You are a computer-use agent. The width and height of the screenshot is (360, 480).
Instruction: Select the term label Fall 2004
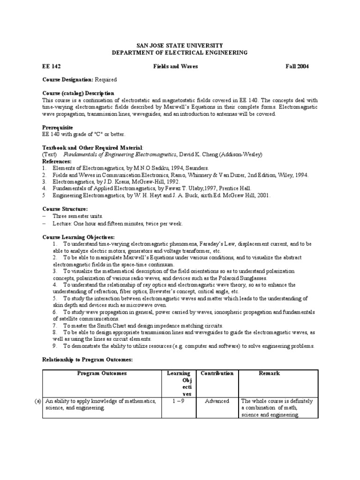[x=297, y=67]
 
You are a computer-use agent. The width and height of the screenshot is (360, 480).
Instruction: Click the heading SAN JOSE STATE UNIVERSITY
[x=180, y=45]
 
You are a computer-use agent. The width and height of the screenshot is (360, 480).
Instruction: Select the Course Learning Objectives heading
[x=78, y=237]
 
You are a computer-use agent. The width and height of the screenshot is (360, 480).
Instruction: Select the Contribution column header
[x=217, y=373]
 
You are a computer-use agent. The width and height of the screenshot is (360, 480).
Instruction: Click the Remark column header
[x=269, y=373]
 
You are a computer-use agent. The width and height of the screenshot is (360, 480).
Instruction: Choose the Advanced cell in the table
[x=217, y=401]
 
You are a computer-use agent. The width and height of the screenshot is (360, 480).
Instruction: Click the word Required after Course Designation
[x=106, y=80]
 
